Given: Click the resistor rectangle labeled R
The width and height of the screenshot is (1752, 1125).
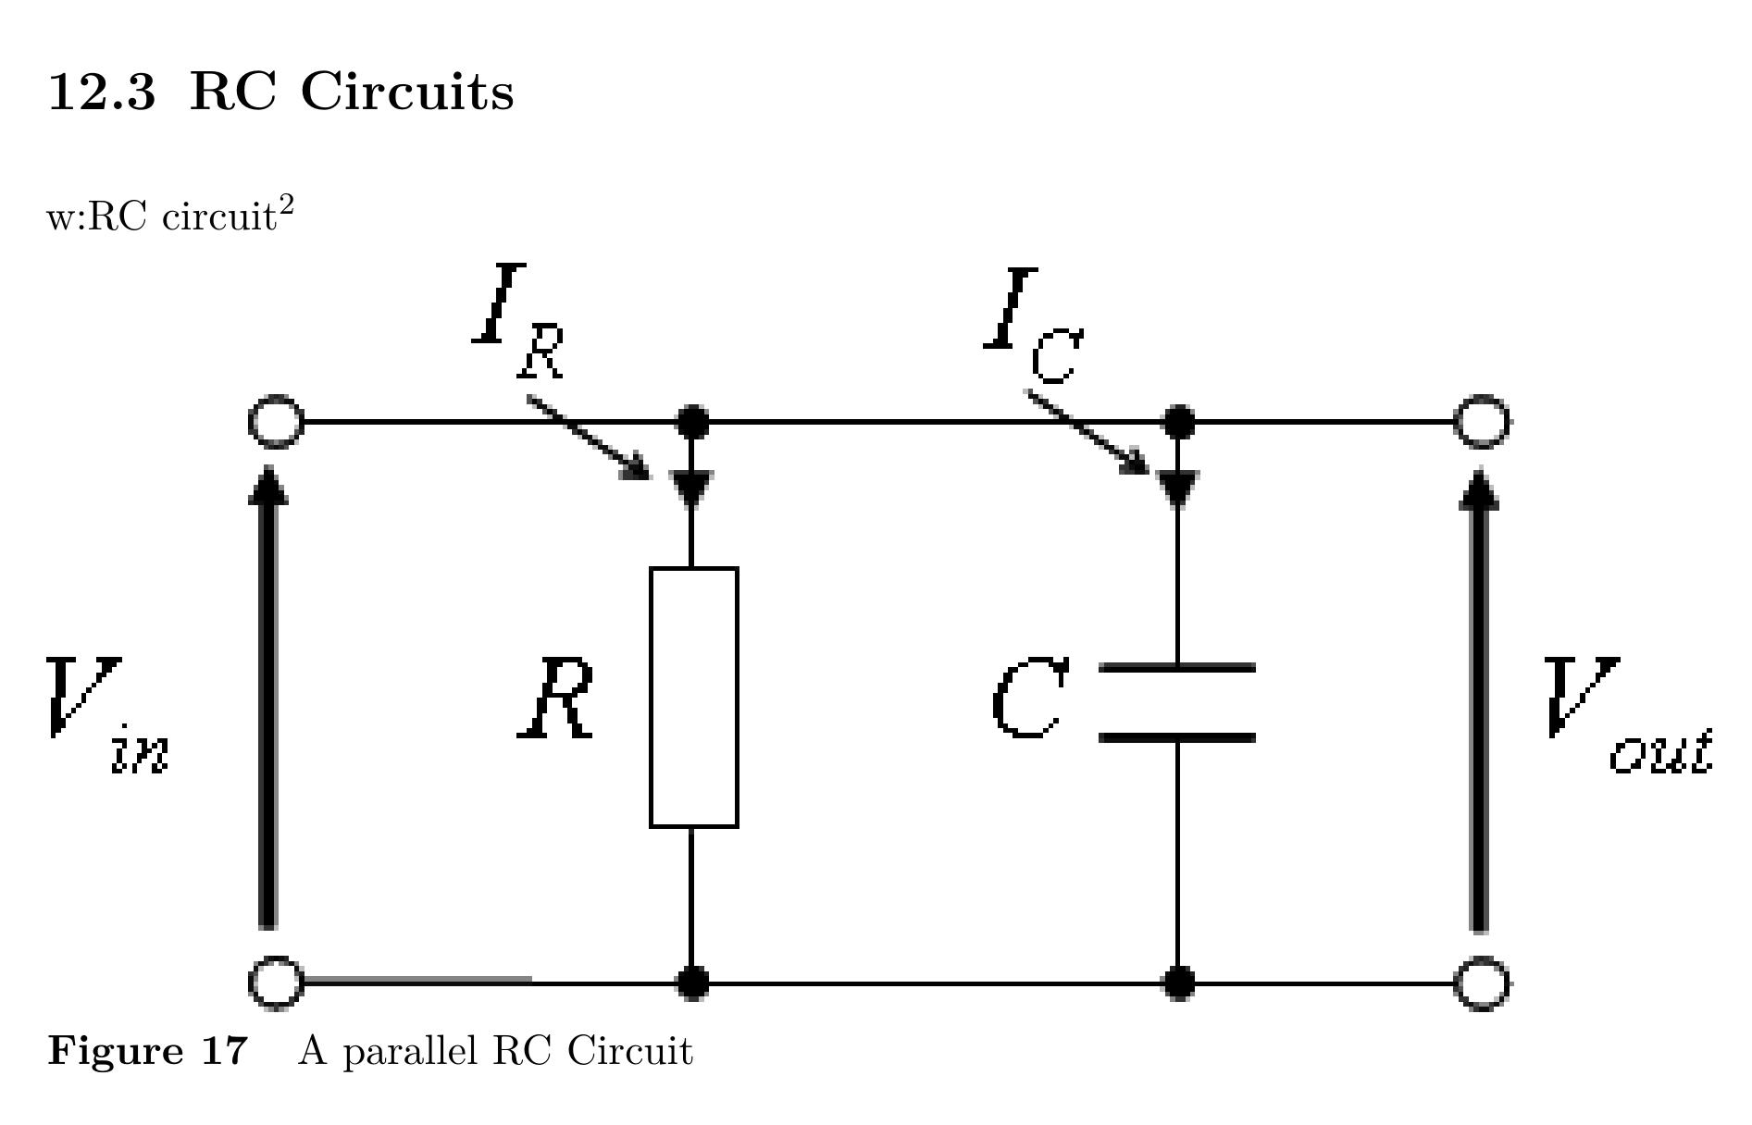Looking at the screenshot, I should [x=693, y=697].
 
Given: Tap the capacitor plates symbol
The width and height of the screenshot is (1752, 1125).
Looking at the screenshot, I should [x=1176, y=702].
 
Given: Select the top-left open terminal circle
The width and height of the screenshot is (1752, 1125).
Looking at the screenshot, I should [x=276, y=422].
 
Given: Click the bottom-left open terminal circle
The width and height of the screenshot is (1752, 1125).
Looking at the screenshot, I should [x=276, y=982].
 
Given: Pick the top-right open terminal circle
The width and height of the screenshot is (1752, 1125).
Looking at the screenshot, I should [x=1482, y=422].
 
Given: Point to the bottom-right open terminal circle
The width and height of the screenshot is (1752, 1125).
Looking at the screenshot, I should [x=1482, y=982].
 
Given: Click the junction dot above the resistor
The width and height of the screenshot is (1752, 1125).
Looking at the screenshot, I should [x=693, y=422].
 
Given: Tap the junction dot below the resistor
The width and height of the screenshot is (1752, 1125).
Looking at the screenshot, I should [x=693, y=982].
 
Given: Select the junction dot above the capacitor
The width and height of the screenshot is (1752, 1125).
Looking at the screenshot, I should [x=1177, y=422].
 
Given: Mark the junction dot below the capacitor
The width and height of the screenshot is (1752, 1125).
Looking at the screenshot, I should [x=1177, y=982].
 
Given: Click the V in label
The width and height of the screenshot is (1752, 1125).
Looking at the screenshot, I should [x=106, y=712].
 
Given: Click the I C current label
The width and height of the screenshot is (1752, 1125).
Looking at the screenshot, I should [x=1033, y=324].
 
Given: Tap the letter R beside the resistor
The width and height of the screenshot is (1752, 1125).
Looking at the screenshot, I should [x=556, y=700].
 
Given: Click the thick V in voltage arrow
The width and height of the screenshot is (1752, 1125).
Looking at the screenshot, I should [x=267, y=698].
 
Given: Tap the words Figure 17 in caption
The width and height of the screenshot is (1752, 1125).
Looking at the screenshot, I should [x=148, y=1051].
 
